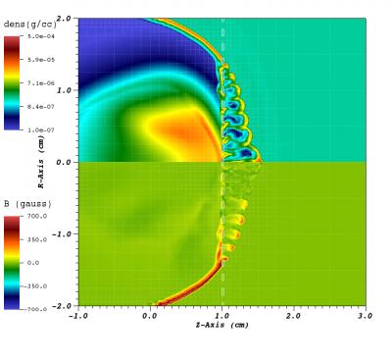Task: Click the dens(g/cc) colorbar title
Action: coord(26,23)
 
